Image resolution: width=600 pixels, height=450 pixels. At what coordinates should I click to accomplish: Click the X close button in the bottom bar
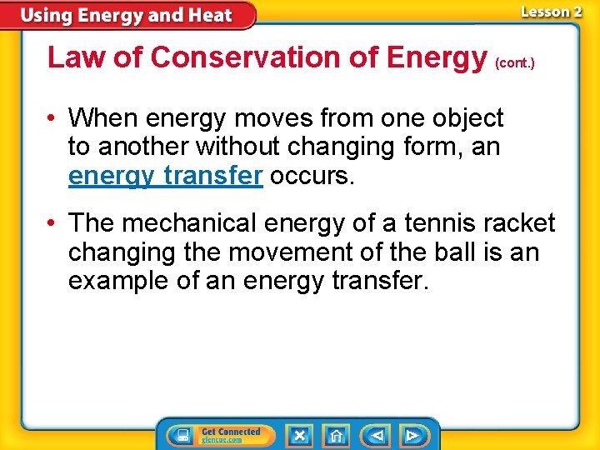pos(299,435)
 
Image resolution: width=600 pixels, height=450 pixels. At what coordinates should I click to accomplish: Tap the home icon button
pos(336,435)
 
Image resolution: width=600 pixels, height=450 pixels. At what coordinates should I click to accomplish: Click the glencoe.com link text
pos(222,440)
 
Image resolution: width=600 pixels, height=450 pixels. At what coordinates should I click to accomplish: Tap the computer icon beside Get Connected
pos(182,435)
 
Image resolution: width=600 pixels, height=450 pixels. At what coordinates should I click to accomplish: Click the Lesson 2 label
pos(551,12)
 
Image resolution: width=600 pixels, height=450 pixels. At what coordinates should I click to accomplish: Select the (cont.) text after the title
pos(515,62)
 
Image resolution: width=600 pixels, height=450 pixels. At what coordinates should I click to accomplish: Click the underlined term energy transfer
pos(166,176)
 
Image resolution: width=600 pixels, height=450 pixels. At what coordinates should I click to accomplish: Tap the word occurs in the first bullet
pos(312,176)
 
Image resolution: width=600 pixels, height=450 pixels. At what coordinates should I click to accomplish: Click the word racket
pos(523,222)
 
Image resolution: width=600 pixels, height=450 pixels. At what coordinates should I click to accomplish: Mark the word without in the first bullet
pos(241,147)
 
